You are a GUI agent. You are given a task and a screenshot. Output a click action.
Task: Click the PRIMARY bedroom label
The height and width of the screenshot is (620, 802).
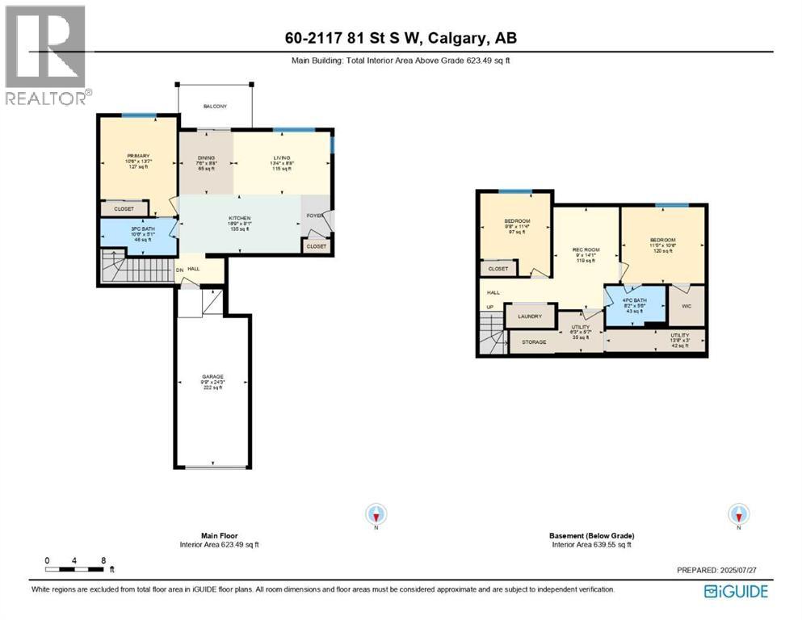click(138, 156)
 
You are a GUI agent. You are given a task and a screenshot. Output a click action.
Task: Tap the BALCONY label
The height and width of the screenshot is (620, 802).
click(215, 107)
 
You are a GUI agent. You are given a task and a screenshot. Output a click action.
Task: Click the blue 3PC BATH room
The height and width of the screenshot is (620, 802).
click(137, 234)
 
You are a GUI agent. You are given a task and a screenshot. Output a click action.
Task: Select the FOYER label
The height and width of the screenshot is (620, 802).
click(313, 216)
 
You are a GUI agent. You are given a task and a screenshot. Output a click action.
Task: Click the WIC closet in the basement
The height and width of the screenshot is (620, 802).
click(686, 307)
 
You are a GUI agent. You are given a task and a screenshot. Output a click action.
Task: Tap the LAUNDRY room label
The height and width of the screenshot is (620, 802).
click(530, 316)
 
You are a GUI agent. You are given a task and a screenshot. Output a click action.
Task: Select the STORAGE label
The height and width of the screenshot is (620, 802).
click(535, 342)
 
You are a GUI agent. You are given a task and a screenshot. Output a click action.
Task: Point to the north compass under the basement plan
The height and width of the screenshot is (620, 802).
click(737, 514)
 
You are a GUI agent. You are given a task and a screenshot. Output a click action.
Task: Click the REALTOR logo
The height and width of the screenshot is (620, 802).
click(46, 56)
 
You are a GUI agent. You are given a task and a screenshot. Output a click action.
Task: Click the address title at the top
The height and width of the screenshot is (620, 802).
click(401, 37)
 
